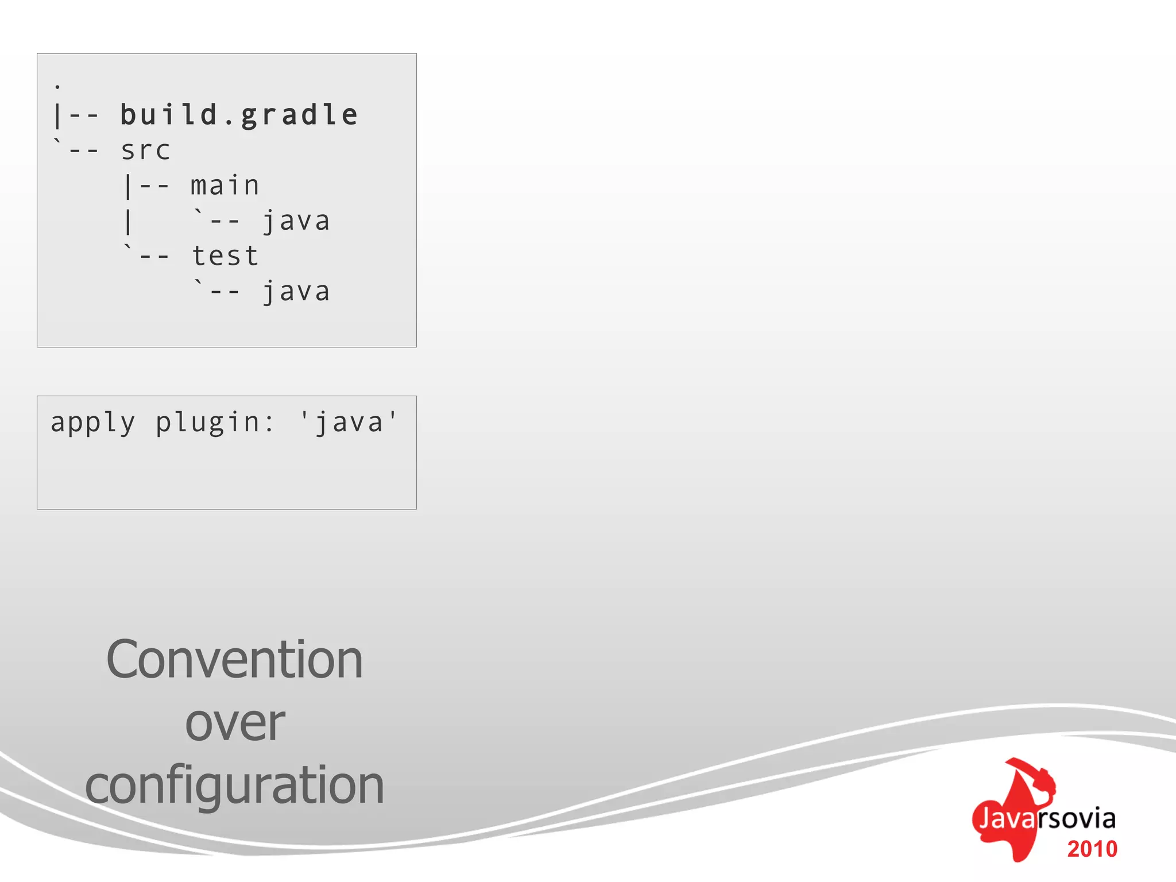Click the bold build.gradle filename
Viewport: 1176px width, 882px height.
tap(239, 115)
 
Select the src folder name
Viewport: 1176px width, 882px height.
tap(145, 151)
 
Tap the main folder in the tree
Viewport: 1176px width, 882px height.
tap(225, 186)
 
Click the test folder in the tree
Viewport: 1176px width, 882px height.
tap(225, 256)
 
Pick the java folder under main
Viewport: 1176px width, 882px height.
tap(296, 222)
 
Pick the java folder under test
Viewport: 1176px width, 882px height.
tap(296, 292)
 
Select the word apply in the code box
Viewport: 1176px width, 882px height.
tap(93, 423)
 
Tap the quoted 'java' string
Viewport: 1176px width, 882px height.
tap(349, 423)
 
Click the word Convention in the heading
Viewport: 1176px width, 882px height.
tap(234, 660)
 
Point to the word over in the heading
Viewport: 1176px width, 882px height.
tap(235, 723)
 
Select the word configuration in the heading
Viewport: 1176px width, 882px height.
tap(234, 786)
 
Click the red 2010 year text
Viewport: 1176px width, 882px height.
tap(1092, 849)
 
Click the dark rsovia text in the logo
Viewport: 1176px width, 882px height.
tap(1078, 818)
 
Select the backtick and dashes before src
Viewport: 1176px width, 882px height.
tap(77, 149)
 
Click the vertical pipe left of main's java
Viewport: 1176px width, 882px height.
tap(128, 222)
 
